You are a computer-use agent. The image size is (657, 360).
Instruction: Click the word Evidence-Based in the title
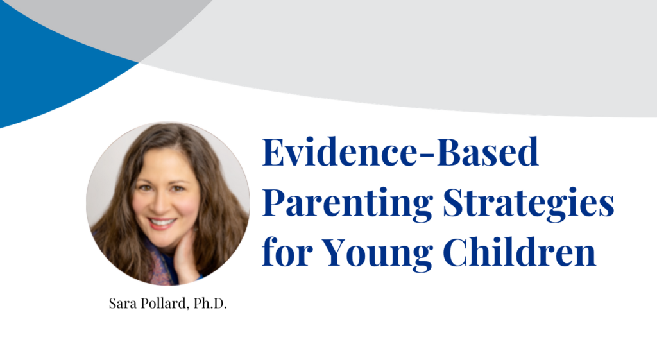400,154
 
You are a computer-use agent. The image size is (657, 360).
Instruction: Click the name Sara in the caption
122,304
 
